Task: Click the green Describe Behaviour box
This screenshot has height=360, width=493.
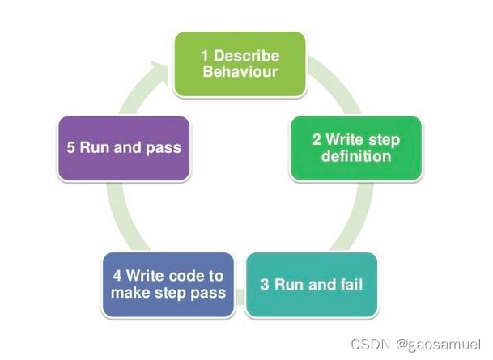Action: [240, 64]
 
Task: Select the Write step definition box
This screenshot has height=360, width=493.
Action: [356, 148]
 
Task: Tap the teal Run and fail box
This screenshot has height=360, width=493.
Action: [312, 284]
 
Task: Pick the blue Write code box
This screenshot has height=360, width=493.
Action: [168, 284]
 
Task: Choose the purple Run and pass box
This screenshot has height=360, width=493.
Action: [124, 148]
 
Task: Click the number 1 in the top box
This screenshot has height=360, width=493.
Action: [206, 56]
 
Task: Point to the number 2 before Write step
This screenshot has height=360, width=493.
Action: [317, 140]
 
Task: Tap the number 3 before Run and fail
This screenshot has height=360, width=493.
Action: [265, 284]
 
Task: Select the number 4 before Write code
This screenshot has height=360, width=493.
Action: [116, 276]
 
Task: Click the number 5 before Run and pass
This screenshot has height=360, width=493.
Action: [71, 148]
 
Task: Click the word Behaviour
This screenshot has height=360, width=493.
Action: [240, 72]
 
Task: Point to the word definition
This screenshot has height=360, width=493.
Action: [356, 156]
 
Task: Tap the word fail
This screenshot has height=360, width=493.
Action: [351, 284]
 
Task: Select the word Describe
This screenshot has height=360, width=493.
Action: [246, 56]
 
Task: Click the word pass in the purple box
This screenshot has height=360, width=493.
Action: [165, 148]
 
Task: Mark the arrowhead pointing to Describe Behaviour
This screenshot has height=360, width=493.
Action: [160, 70]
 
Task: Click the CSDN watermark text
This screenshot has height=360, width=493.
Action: [367, 343]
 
